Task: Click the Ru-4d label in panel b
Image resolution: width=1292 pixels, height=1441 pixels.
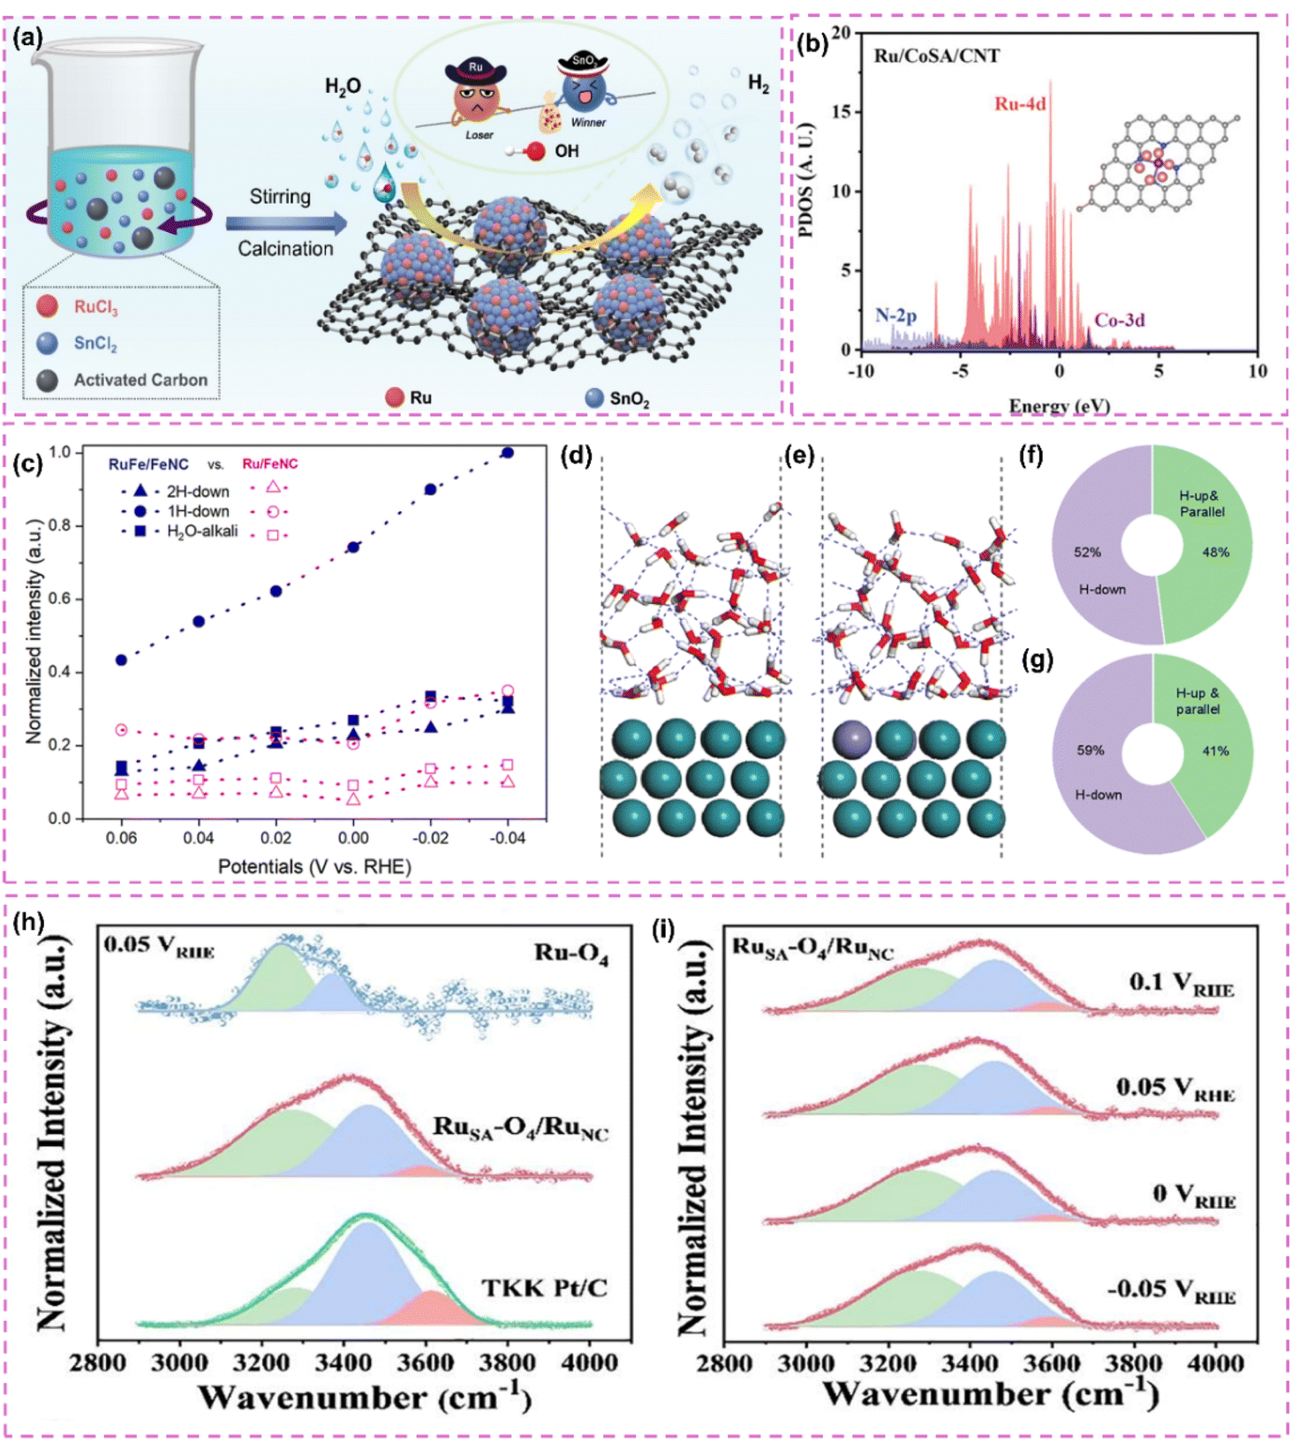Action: pos(1020,104)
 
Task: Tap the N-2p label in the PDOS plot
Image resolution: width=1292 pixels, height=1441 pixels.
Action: pos(895,315)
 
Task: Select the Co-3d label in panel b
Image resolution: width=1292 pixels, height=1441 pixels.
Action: pos(1120,321)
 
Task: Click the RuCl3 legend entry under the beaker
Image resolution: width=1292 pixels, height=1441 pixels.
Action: pos(95,307)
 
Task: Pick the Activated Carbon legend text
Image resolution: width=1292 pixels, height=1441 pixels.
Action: pos(140,380)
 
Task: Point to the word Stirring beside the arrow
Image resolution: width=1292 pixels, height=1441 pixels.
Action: pos(280,197)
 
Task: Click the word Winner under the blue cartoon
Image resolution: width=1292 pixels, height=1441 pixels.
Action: pos(588,123)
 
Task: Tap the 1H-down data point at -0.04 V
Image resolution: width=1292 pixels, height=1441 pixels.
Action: pos(508,453)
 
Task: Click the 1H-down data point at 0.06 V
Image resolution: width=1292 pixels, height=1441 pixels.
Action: pos(122,660)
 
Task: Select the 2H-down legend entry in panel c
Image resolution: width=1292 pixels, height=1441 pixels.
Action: pos(197,491)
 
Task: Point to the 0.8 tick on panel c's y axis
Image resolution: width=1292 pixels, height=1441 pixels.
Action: pos(60,525)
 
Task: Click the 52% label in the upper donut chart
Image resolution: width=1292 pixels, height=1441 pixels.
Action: pos(1087,553)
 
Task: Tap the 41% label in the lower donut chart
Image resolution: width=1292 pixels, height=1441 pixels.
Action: pos(1215,751)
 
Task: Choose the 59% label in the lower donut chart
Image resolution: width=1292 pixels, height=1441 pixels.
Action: pos(1090,751)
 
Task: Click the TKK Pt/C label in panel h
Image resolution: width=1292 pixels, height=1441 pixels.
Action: pos(544,1288)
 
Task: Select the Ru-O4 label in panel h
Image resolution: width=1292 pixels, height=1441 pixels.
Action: pos(570,954)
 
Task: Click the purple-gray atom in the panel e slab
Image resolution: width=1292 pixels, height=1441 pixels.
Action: pos(852,739)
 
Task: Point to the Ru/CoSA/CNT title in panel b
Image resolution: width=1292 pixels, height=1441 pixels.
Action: pos(936,56)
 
